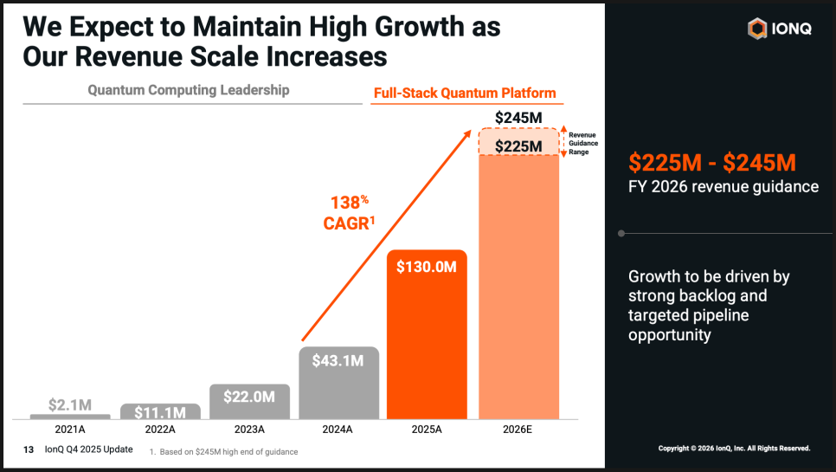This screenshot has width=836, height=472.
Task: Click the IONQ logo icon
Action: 757,29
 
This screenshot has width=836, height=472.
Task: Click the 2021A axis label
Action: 69,429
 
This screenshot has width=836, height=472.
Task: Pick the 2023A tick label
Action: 250,429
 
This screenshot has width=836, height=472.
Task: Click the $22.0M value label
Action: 249,397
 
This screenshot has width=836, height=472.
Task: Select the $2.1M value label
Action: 69,404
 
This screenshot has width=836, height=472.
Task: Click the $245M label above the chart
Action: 519,117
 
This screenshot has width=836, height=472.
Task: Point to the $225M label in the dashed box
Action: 519,146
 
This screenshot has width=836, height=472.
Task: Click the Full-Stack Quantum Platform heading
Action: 465,94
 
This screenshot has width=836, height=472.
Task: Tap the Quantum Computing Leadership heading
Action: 189,90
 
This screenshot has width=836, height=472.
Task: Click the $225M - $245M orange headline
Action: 712,162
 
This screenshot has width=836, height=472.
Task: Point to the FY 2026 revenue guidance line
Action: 723,186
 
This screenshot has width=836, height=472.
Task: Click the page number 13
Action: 29,449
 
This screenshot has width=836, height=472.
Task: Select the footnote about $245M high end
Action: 223,452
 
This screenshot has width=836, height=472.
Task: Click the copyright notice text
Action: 734,449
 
